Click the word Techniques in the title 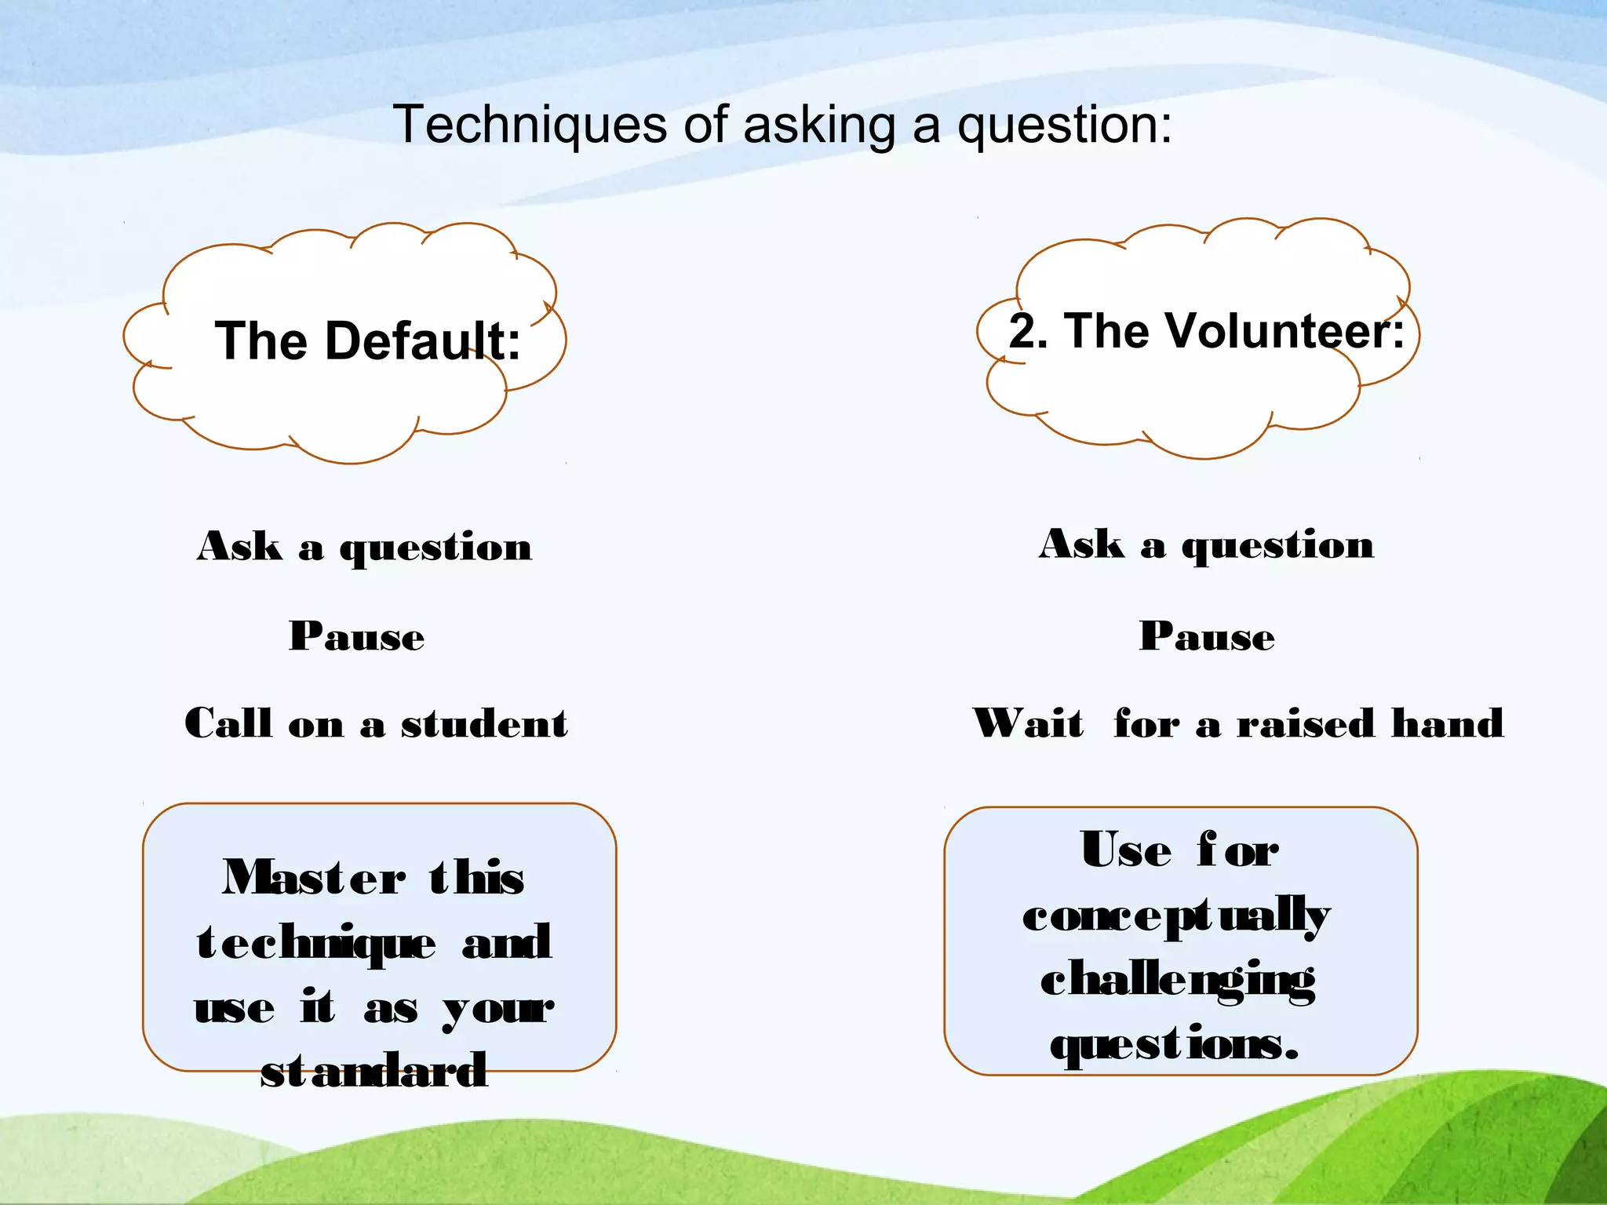[530, 125]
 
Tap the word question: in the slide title [1065, 126]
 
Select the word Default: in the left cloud [424, 341]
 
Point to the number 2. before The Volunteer [1028, 331]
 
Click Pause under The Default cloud [357, 635]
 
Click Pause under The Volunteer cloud [1207, 635]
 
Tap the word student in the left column [484, 723]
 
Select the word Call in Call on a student [228, 723]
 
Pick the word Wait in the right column [1028, 723]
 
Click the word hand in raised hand [1447, 723]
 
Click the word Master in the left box [314, 877]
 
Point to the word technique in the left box [316, 944]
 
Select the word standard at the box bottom [374, 1070]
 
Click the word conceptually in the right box [1176, 916]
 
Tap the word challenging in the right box [1178, 981]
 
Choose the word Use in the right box [1126, 850]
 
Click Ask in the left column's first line [239, 546]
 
